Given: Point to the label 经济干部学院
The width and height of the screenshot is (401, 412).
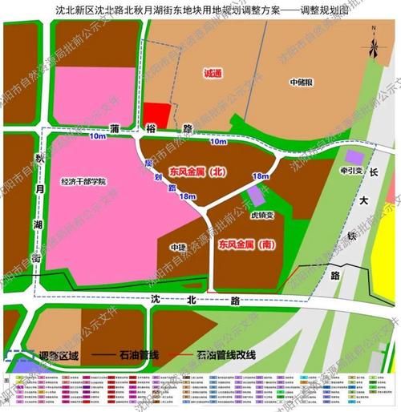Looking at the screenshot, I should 83,181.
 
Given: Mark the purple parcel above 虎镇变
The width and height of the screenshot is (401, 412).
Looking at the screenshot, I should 255,196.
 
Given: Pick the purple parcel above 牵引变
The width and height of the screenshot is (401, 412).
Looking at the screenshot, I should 353,156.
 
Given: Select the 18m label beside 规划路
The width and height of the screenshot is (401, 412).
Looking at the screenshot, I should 188,196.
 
